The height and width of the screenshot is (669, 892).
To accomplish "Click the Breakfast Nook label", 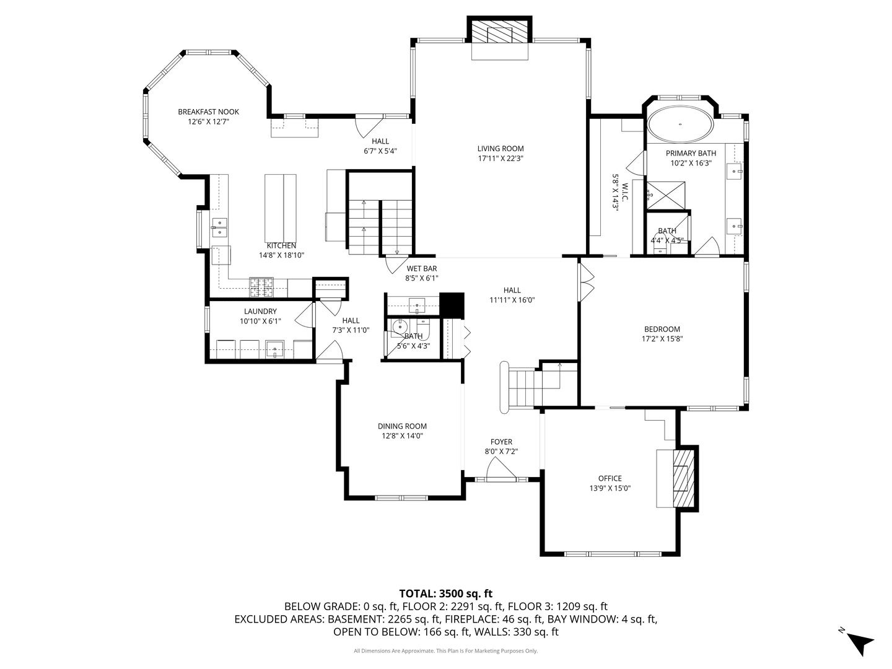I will pyautogui.click(x=208, y=111).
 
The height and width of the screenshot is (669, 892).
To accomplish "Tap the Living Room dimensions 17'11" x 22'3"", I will pyautogui.click(x=501, y=158).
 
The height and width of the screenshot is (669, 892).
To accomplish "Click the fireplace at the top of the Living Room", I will pyautogui.click(x=500, y=32).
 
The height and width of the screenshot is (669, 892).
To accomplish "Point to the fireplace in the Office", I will pyautogui.click(x=682, y=478).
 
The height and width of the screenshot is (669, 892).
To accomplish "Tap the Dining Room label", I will pyautogui.click(x=402, y=426).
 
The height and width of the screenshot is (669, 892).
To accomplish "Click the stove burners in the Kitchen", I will pyautogui.click(x=261, y=286).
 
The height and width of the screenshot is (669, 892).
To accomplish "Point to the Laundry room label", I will pyautogui.click(x=260, y=312).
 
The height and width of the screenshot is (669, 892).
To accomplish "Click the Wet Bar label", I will pyautogui.click(x=422, y=268).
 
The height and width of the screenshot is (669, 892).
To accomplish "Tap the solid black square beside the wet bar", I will pyautogui.click(x=452, y=305).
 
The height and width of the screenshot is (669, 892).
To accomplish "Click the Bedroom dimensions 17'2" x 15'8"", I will pyautogui.click(x=662, y=339).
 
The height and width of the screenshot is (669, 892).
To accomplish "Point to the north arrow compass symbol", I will pyautogui.click(x=859, y=641).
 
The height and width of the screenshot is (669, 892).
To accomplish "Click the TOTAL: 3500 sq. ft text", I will pyautogui.click(x=445, y=593).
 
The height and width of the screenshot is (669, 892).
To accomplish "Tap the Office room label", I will pyautogui.click(x=610, y=478).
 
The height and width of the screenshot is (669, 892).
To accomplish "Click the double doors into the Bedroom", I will pyautogui.click(x=586, y=282).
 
